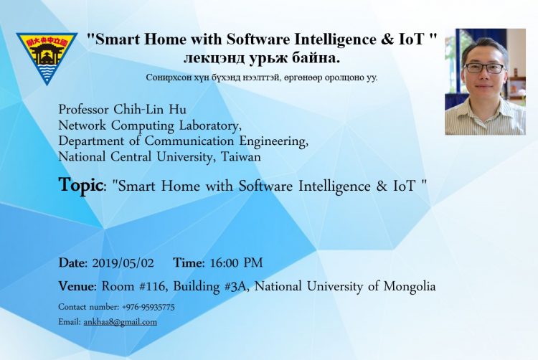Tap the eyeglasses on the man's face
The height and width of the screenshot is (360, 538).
(x=483, y=68)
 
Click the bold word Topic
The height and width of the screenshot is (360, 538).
(x=80, y=186)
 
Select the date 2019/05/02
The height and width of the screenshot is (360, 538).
(x=123, y=263)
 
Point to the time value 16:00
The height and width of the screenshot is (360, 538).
(x=224, y=263)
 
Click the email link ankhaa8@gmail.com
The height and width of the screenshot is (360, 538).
(x=120, y=322)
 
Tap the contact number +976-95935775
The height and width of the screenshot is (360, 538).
(x=148, y=307)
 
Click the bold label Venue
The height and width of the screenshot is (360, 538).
(x=77, y=286)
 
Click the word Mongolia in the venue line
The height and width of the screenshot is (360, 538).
(x=410, y=287)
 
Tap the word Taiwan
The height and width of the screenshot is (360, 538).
(x=240, y=156)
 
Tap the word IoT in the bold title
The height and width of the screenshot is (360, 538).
(x=411, y=39)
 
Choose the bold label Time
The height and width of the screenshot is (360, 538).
(x=189, y=263)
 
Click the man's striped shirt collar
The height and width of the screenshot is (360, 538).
(x=483, y=103)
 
